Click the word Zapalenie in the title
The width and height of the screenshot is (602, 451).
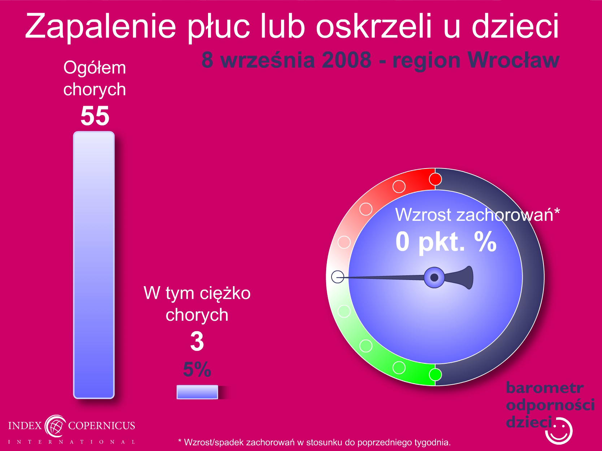point(100,27)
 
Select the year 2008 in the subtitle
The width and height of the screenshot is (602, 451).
point(347,60)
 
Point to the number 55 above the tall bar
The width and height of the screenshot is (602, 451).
point(95,115)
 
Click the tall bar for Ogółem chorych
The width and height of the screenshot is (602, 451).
point(94,265)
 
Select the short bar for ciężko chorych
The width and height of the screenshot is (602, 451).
point(197,392)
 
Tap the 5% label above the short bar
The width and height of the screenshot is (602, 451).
point(197,369)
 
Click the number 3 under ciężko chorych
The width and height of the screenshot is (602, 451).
point(197,341)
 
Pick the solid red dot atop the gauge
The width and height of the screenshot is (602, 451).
point(435,179)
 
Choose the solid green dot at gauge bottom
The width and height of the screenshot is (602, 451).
point(435,375)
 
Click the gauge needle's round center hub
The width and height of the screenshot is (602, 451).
point(434,277)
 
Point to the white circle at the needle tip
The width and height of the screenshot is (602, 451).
point(338,277)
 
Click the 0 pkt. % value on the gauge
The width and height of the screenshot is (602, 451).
point(446,242)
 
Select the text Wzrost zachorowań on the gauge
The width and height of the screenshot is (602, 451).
point(474,215)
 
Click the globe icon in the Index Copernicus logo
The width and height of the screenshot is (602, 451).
point(55,426)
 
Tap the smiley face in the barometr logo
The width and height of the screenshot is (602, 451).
point(559,431)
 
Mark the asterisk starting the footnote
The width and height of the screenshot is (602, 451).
point(180,441)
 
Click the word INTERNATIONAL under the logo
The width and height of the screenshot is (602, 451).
point(72,442)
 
